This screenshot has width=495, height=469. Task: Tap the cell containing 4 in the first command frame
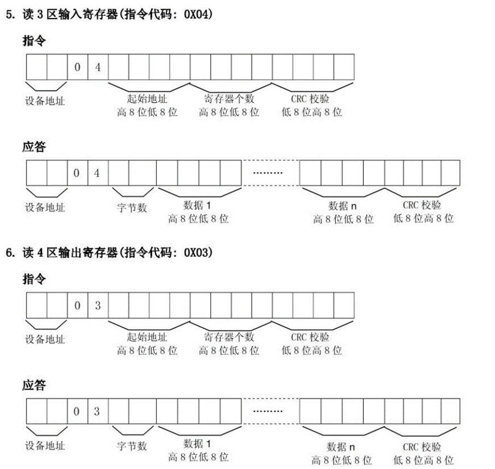(98, 67)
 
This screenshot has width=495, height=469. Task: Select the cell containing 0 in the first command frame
(77, 67)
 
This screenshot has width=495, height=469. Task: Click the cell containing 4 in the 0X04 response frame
(98, 173)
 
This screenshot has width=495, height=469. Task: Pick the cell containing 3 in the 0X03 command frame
(98, 305)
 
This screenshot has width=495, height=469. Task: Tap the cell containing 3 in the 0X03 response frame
(98, 411)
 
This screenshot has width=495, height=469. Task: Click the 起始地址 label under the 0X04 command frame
(147, 99)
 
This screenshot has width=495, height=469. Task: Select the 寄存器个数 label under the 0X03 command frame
(229, 337)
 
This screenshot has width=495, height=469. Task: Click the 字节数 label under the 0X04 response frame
(132, 208)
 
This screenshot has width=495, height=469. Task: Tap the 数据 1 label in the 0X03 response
(198, 444)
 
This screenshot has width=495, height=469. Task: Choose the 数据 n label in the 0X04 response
(343, 206)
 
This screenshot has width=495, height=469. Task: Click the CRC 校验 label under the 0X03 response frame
(422, 447)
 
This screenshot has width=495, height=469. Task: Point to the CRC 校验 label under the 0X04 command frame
(310, 99)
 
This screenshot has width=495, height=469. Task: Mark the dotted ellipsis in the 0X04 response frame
(268, 173)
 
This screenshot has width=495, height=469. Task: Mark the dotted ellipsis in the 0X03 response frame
(268, 411)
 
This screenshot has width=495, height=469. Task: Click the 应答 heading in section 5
(34, 147)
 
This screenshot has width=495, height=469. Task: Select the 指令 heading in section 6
(34, 279)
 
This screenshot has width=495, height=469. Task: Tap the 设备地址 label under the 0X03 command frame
(45, 339)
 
